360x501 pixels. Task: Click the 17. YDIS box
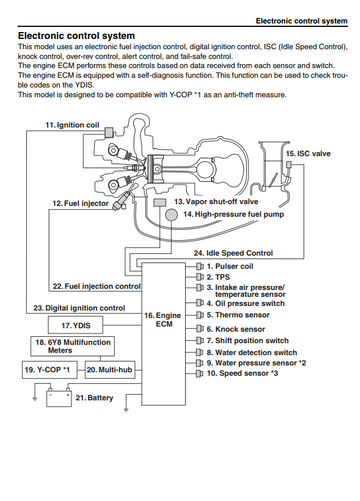pyautogui.click(x=75, y=325)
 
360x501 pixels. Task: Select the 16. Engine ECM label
pyautogui.click(x=163, y=320)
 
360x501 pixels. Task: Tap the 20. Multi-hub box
pyautogui.click(x=110, y=370)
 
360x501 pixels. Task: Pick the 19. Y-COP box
pyautogui.click(x=50, y=370)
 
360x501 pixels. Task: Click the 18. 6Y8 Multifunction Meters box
pyautogui.click(x=73, y=346)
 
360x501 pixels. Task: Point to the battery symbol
pyautogui.click(x=59, y=397)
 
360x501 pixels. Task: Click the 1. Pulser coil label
pyautogui.click(x=230, y=266)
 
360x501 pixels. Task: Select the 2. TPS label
pyautogui.click(x=218, y=277)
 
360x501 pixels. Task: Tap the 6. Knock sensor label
pyautogui.click(x=236, y=329)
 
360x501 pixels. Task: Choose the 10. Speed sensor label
pyautogui.click(x=242, y=373)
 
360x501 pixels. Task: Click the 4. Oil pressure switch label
pyautogui.click(x=246, y=303)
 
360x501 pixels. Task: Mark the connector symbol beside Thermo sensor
pyautogui.click(x=200, y=315)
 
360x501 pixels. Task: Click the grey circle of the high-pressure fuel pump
pyautogui.click(x=172, y=215)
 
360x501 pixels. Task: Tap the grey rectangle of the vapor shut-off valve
pyautogui.click(x=159, y=202)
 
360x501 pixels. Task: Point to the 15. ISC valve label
pyautogui.click(x=308, y=154)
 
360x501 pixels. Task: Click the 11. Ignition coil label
pyautogui.click(x=72, y=125)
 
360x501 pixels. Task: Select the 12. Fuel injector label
pyautogui.click(x=80, y=203)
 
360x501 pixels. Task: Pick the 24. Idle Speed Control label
pyautogui.click(x=233, y=253)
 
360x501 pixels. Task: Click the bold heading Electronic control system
pyautogui.click(x=76, y=36)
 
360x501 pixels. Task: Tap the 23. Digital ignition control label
pyautogui.click(x=79, y=308)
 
